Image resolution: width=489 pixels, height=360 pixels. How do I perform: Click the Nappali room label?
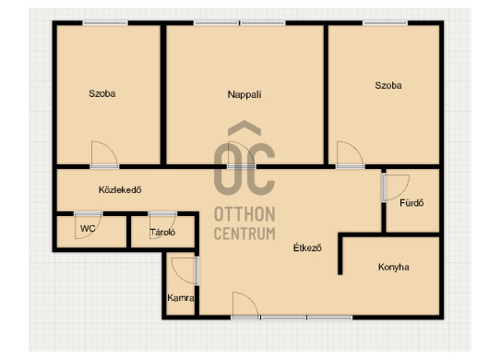pyautogui.click(x=244, y=94)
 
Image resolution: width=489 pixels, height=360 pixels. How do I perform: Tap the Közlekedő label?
pyautogui.click(x=120, y=189)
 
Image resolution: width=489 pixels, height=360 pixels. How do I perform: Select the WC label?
pyautogui.click(x=88, y=228)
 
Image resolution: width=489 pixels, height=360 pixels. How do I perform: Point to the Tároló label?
pyautogui.click(x=162, y=232)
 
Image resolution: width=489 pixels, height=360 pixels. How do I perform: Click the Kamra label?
pyautogui.click(x=181, y=298)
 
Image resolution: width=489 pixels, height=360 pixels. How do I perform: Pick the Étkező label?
pyautogui.click(x=307, y=247)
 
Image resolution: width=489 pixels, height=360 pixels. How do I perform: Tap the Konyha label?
pyautogui.click(x=394, y=267)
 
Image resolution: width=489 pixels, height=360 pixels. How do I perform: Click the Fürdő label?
pyautogui.click(x=411, y=203)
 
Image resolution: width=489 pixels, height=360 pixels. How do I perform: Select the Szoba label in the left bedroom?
pyautogui.click(x=102, y=93)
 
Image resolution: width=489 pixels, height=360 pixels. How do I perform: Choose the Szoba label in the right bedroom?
pyautogui.click(x=388, y=85)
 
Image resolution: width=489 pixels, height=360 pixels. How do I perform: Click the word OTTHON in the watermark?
pyautogui.click(x=244, y=214)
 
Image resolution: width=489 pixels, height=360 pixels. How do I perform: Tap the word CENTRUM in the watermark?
pyautogui.click(x=244, y=234)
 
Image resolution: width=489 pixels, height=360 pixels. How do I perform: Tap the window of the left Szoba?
pyautogui.click(x=105, y=23)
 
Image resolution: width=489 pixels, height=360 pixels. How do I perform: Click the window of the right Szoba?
pyautogui.click(x=385, y=23)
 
